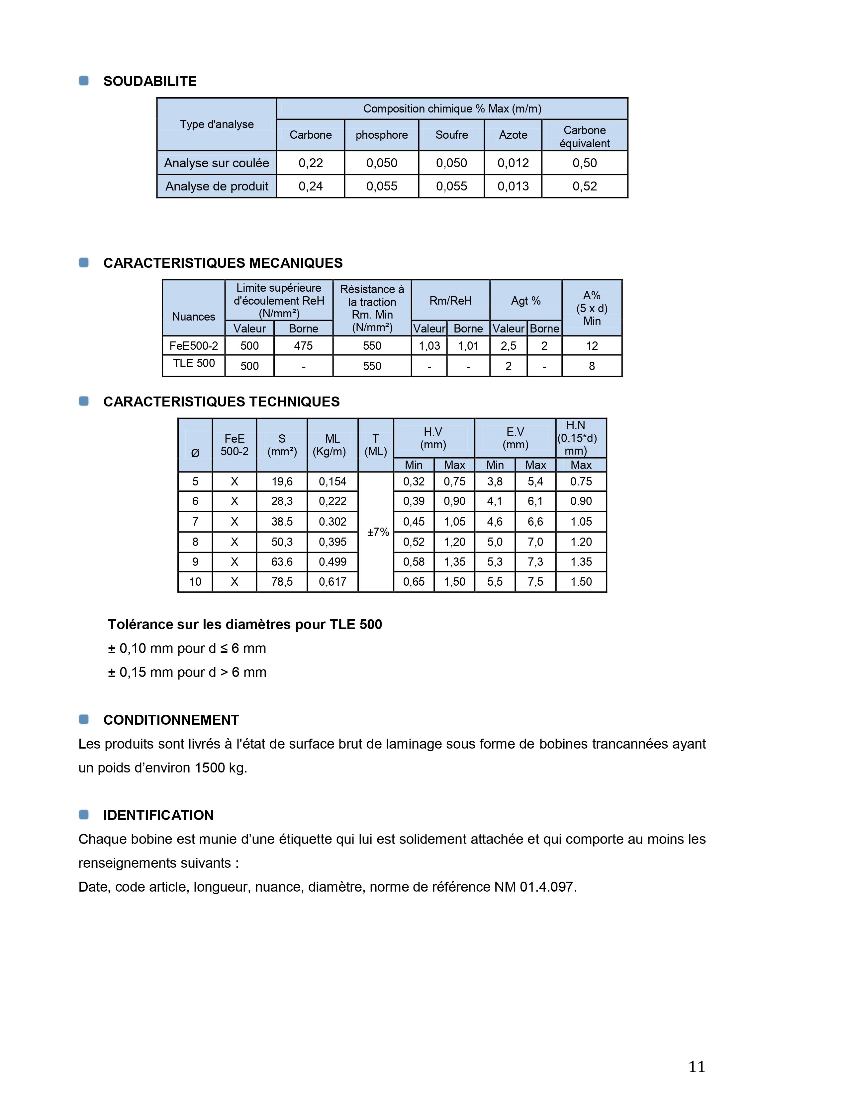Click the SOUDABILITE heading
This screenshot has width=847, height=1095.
pyautogui.click(x=149, y=81)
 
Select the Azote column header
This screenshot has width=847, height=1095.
pyautogui.click(x=513, y=135)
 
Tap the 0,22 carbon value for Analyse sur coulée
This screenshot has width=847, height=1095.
pyautogui.click(x=311, y=163)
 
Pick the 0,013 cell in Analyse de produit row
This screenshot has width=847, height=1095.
pyautogui.click(x=513, y=186)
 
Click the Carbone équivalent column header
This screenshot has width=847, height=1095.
pyautogui.click(x=585, y=136)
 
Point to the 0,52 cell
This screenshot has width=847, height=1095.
pyautogui.click(x=585, y=186)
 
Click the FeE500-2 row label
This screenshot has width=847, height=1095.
pyautogui.click(x=194, y=346)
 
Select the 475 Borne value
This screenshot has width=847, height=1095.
pyautogui.click(x=303, y=346)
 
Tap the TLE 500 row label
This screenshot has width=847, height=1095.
pyautogui.click(x=194, y=363)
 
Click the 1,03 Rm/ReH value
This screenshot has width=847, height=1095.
pyautogui.click(x=429, y=346)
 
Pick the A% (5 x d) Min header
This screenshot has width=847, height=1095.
pyautogui.click(x=592, y=308)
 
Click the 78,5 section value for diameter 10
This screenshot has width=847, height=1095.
pyautogui.click(x=282, y=582)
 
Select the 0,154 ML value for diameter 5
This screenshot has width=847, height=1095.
pyautogui.click(x=333, y=482)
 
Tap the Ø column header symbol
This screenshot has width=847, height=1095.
pyautogui.click(x=195, y=453)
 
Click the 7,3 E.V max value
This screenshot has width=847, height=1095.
pyautogui.click(x=535, y=562)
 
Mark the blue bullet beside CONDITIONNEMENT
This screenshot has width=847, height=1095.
pyautogui.click(x=84, y=719)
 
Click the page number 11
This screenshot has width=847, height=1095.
pyautogui.click(x=697, y=1066)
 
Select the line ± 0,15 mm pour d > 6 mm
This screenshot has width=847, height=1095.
pyautogui.click(x=187, y=672)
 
